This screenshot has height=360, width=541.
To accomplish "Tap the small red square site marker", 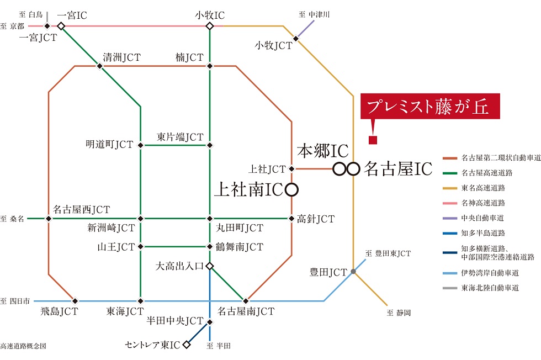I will tap(373, 140).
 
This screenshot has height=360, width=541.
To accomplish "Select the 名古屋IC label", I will tap(397, 169).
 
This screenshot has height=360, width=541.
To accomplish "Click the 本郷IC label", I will tap(323, 151).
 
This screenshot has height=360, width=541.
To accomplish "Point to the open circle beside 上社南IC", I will tap(291, 190).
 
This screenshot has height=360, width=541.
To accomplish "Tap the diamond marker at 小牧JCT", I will tap(296, 39).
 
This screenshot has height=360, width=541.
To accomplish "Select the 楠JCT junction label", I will tap(189, 57).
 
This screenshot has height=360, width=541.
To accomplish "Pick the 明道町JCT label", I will tap(109, 145).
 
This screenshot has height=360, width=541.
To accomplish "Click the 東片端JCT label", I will tap(180, 136).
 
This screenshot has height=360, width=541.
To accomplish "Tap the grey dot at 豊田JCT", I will tap(353, 271).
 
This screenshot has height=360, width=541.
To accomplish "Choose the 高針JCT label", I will tap(316, 219).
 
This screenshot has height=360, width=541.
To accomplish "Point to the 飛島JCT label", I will tap(59, 311).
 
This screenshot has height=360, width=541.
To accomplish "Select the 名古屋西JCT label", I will tap(81, 209).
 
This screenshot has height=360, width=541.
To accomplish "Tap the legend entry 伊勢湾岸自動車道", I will tap(490, 272).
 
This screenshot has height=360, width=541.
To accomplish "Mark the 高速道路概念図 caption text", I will tap(23, 346).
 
